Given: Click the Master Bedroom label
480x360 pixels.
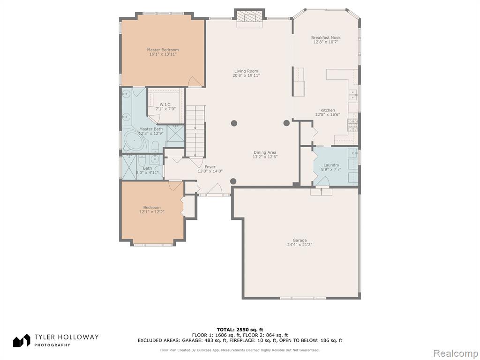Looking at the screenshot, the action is (163, 50).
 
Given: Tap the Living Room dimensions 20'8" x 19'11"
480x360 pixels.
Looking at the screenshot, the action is (246, 75).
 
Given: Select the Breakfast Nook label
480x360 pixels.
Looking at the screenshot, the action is (326, 37).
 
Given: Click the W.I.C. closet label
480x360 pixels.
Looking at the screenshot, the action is (165, 105).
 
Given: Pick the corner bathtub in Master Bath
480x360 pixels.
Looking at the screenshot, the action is (134, 141).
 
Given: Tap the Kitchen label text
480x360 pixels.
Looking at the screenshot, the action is (328, 110).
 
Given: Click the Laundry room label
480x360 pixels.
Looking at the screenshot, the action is (331, 165).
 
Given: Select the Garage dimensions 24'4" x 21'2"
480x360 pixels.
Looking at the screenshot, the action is (300, 245).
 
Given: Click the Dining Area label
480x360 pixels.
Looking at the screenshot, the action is (265, 152).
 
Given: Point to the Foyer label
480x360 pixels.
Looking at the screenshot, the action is (210, 167).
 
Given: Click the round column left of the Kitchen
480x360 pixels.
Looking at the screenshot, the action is (286, 123).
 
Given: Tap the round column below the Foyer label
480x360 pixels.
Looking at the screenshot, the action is (233, 181).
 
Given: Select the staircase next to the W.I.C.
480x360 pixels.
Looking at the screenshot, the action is (196, 131).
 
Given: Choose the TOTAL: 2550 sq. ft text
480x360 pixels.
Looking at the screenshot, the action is (240, 330).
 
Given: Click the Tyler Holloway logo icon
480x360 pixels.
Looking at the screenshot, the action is (22, 340).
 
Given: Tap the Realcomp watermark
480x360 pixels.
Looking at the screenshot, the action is (455, 353).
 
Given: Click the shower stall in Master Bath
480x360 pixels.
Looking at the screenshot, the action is (176, 133).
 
